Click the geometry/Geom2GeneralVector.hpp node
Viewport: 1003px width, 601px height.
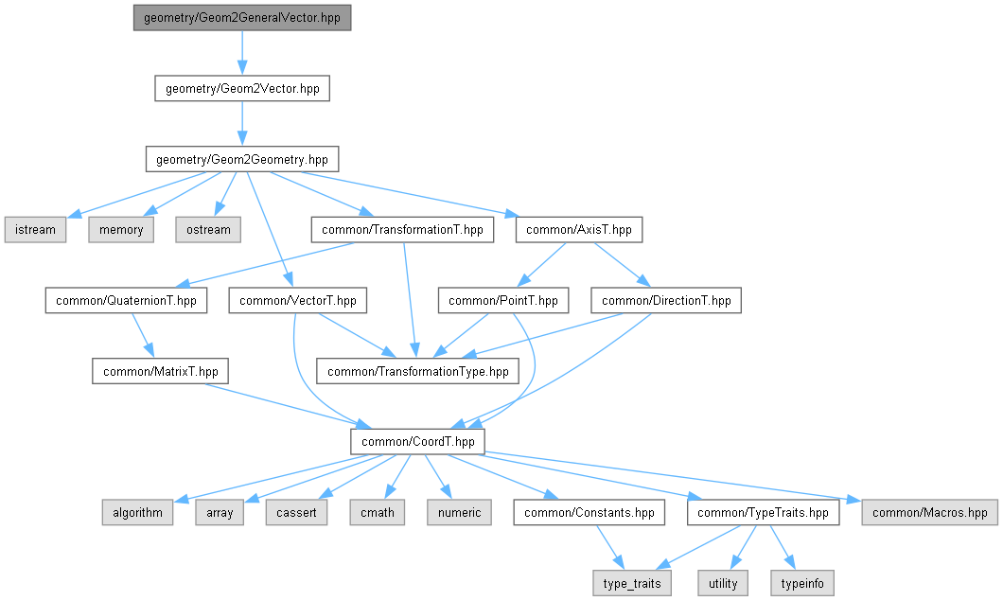coord(241,18)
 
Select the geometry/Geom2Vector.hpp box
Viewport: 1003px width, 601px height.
coord(242,89)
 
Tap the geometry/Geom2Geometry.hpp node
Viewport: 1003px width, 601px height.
coord(241,159)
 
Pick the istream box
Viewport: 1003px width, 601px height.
coord(35,230)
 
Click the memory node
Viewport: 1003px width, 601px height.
coord(121,230)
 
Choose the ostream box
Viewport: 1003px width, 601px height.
coord(207,230)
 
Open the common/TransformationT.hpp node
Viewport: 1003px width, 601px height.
coord(402,230)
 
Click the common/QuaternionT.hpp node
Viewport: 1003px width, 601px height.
coord(126,301)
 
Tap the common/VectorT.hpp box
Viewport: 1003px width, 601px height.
coord(298,301)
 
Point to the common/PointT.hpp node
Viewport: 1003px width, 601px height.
coord(502,301)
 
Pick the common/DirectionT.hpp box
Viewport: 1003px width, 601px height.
coord(666,301)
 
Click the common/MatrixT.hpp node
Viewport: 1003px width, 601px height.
coord(161,371)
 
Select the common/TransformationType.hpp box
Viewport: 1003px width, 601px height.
coord(417,371)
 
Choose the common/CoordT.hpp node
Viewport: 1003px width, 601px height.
coord(417,442)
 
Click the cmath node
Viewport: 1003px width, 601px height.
coord(378,513)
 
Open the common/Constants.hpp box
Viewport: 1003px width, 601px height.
coord(589,513)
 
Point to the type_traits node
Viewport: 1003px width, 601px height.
coord(632,584)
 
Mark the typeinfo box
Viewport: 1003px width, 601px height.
coord(803,584)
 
